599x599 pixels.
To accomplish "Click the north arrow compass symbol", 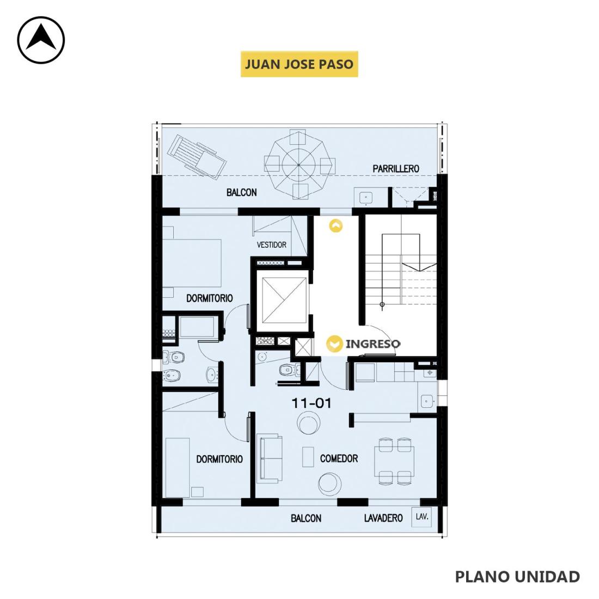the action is (41, 40).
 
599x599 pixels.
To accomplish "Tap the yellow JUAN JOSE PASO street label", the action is (299, 64).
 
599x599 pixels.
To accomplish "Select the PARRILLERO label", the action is (396, 168).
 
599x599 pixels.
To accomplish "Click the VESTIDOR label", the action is (272, 245).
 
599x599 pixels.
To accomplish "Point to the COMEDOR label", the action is (339, 459).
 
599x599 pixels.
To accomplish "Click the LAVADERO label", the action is (383, 518).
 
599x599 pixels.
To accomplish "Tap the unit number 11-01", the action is (311, 403).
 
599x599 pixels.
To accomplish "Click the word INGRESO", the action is (373, 344).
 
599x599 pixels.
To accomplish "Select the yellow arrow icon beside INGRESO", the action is (335, 344).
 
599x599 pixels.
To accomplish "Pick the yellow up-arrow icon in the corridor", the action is (336, 226).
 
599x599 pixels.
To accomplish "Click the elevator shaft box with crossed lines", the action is (284, 300).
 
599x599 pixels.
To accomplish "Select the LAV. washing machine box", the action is (421, 517).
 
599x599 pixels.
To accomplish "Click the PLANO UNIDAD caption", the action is (517, 577).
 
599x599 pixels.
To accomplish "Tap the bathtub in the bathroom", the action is (197, 327).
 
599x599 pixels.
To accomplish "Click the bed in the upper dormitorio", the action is (192, 263).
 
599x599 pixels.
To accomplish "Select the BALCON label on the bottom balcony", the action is (306, 518).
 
